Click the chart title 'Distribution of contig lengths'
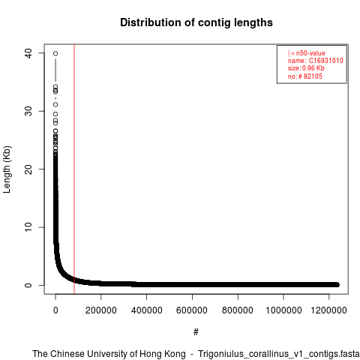[196, 22]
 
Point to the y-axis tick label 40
[28, 53]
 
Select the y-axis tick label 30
[28, 111]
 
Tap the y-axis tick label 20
[28, 169]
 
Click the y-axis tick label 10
[28, 227]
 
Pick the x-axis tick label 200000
[101, 310]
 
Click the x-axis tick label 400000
[147, 310]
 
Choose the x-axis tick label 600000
[192, 310]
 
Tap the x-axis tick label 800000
[238, 310]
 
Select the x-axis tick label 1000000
[283, 310]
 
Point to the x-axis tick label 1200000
[328, 310]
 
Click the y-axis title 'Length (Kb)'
[7, 169]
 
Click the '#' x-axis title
[196, 332]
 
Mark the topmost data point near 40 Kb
[55, 53]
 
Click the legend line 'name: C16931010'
[315, 61]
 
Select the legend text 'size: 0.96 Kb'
[306, 68]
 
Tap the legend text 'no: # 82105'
[304, 76]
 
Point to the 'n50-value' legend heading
[310, 53]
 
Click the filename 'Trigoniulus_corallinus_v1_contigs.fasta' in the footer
[279, 354]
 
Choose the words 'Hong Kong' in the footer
[163, 354]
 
